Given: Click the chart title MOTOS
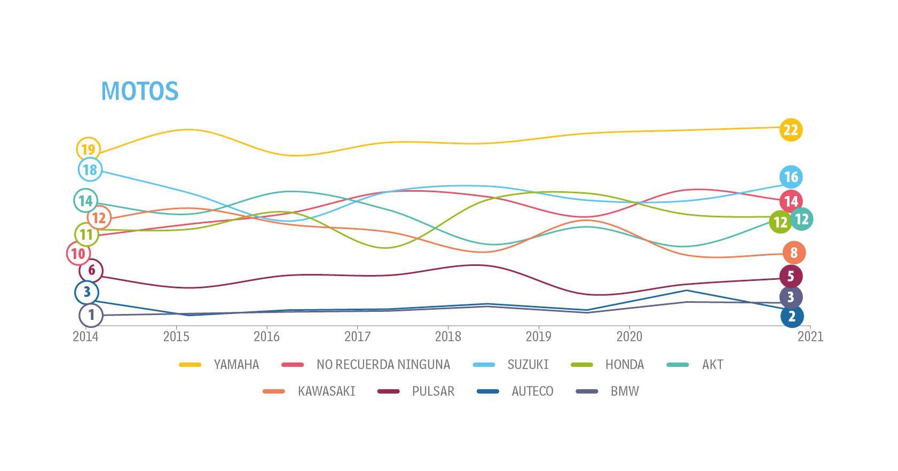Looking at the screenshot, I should click(x=139, y=91).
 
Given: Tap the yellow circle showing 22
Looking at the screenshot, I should click(x=790, y=130).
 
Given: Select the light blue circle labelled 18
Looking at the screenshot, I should click(x=90, y=170).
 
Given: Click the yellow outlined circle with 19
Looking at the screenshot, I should click(x=88, y=149).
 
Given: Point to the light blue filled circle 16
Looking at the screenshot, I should click(x=791, y=177).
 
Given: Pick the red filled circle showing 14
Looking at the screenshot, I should click(x=791, y=201).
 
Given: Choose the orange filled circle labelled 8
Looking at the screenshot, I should click(x=794, y=253).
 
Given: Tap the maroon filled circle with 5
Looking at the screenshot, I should click(x=791, y=276).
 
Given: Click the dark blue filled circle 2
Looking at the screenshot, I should click(x=792, y=316).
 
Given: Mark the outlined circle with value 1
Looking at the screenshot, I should click(x=91, y=315).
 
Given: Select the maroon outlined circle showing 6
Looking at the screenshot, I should click(x=91, y=271).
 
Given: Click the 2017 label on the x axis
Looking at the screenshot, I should click(x=357, y=336).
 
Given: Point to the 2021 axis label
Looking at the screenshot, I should click(x=810, y=336).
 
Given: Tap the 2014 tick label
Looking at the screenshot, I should click(x=85, y=336).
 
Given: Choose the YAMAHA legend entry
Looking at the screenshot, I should click(x=236, y=365).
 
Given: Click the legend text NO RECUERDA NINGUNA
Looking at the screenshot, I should click(x=383, y=365).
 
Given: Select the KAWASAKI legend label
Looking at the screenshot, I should click(x=326, y=391).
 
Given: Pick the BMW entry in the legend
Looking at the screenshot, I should click(x=625, y=391).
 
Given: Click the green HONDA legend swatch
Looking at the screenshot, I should click(x=582, y=365).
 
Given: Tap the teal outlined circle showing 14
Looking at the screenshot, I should click(x=85, y=201).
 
